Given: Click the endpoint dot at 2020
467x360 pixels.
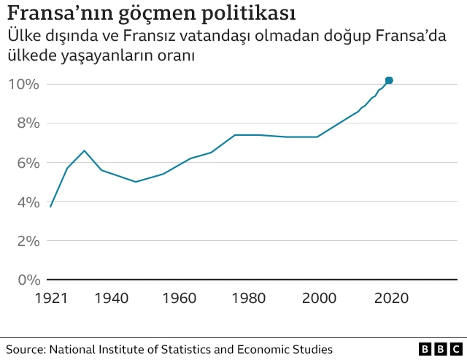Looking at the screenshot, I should [389, 80].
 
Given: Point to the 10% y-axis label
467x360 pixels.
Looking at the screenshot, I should [23, 84].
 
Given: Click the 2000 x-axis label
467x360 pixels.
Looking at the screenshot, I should [320, 298].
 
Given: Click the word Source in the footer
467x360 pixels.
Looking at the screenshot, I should [24, 350].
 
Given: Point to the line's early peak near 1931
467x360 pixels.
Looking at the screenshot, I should [85, 150].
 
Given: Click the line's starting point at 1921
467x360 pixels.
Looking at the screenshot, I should [50, 207].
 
